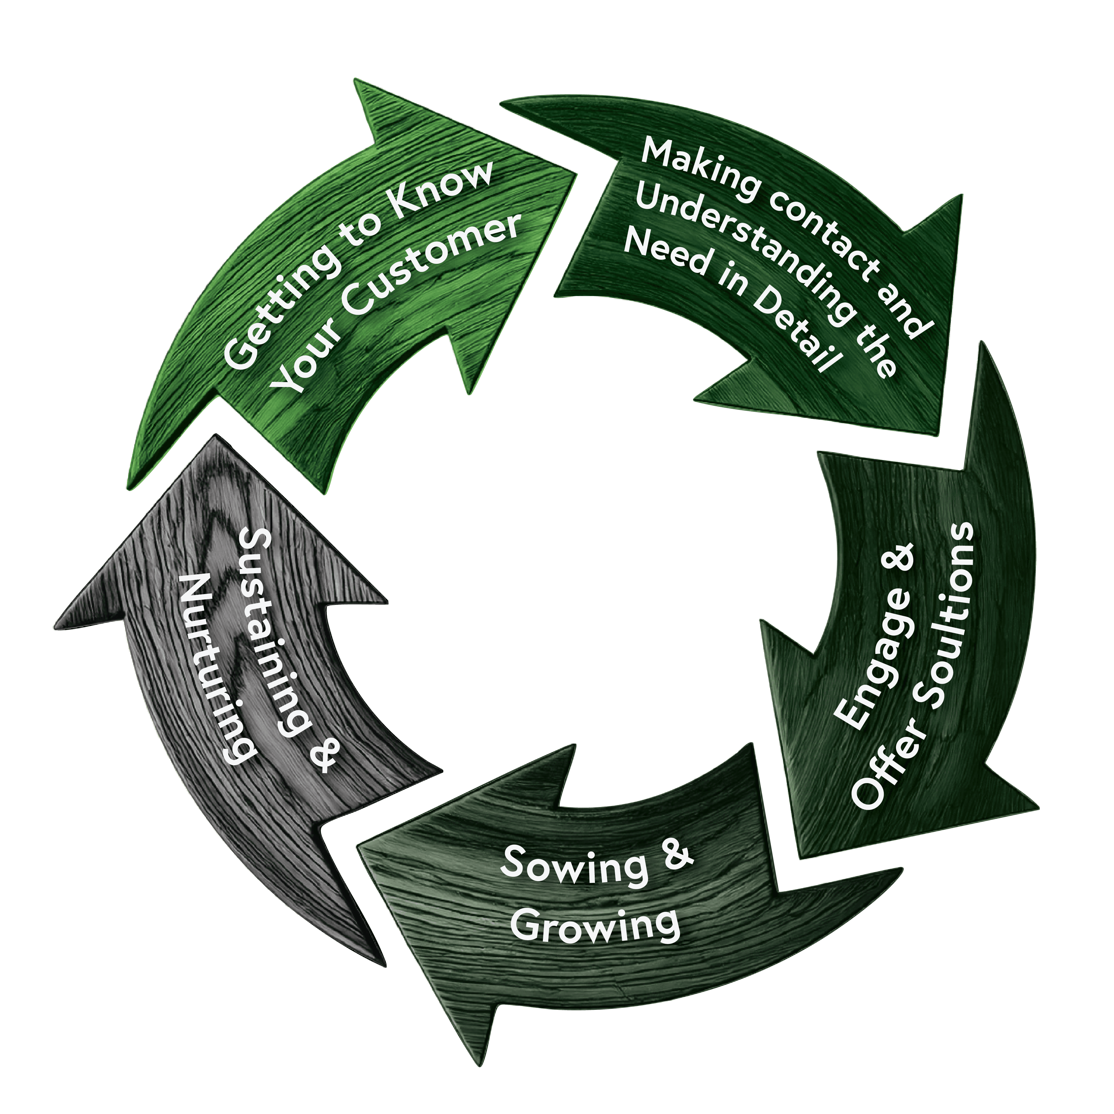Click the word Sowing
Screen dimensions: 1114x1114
click(574, 865)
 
